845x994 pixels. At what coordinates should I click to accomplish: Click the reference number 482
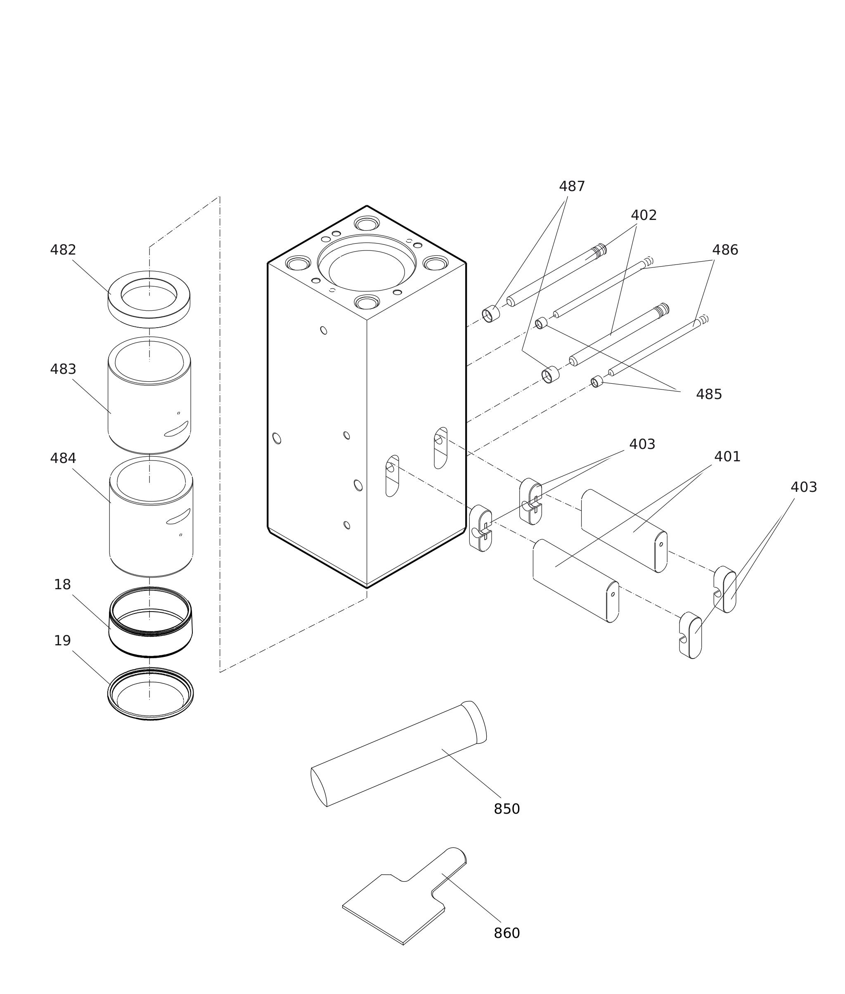click(63, 250)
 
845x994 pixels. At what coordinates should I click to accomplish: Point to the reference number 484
click(63, 459)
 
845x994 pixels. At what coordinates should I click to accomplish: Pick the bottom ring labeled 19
click(150, 714)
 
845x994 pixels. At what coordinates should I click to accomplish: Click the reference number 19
click(62, 641)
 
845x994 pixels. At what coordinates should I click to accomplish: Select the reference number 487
click(572, 187)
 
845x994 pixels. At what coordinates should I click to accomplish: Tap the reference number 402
click(643, 215)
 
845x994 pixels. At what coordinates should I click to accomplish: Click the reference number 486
click(725, 250)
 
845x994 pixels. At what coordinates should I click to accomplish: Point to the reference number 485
click(708, 394)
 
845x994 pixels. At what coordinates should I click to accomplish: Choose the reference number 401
click(727, 457)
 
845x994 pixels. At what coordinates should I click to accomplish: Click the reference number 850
click(507, 823)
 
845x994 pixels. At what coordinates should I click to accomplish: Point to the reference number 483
click(63, 370)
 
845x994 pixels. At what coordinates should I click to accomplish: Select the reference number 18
click(62, 585)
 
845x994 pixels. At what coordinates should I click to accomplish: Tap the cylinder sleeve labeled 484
click(144, 531)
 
